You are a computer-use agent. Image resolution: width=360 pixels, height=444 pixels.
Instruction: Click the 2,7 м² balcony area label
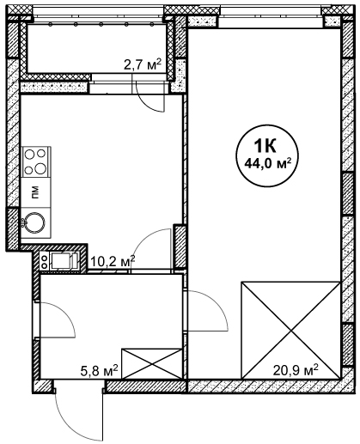coord(143,65)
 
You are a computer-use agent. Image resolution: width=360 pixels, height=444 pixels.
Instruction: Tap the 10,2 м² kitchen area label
coord(113,261)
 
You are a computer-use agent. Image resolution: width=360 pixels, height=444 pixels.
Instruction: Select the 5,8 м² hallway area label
coord(99,371)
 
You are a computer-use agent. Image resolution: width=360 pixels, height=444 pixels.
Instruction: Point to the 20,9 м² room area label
coord(296,371)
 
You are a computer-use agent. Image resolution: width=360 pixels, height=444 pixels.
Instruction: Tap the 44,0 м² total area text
coord(267,164)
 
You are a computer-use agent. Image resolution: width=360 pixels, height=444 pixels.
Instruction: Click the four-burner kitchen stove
coord(36,161)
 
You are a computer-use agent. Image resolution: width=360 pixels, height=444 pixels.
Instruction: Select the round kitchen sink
coord(34,223)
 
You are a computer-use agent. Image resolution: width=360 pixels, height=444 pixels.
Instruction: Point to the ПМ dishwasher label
coord(35,192)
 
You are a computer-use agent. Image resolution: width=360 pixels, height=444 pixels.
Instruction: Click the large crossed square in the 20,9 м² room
coord(291,331)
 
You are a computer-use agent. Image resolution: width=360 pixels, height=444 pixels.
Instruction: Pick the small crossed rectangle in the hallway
coord(152,364)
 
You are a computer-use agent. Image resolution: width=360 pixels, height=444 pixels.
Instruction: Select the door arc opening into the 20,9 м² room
coord(217,303)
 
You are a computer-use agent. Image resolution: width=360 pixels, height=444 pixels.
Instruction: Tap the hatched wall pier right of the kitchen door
coord(180,246)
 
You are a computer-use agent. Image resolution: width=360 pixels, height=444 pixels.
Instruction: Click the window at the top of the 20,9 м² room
coord(271,21)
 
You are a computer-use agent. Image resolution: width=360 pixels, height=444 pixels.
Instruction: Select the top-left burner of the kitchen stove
coord(29,155)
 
